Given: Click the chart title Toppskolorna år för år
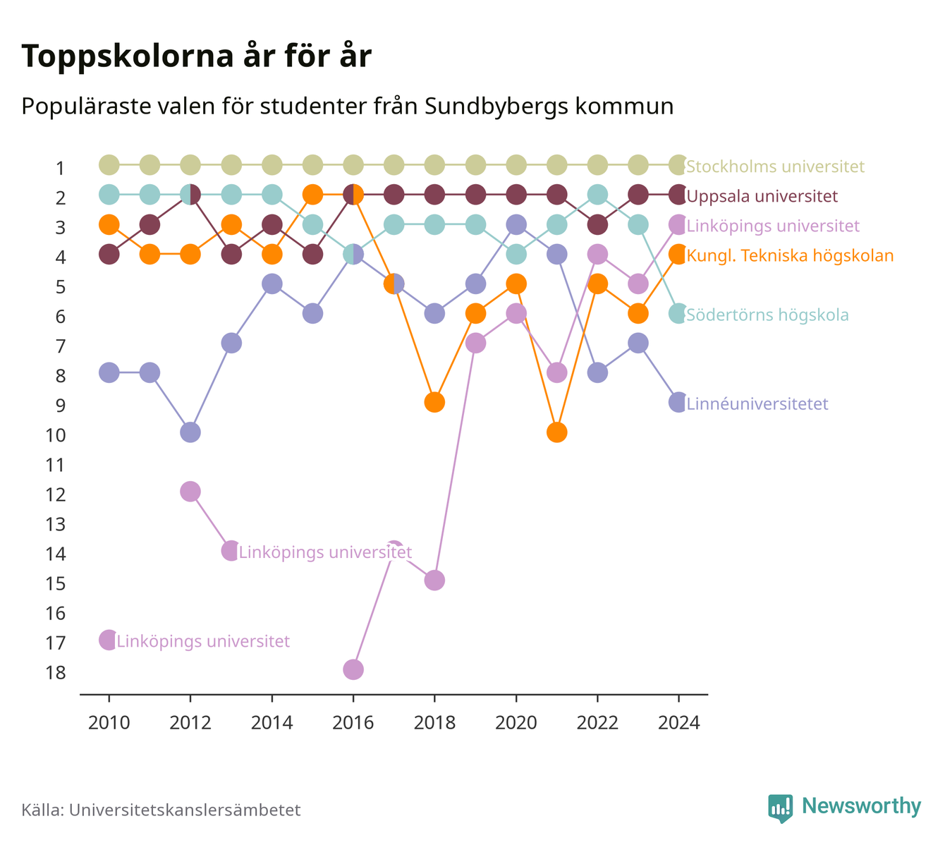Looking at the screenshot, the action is pyautogui.click(x=196, y=56).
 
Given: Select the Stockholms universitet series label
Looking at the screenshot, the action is pyautogui.click(x=775, y=166).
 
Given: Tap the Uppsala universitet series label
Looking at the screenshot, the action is pyautogui.click(x=762, y=196).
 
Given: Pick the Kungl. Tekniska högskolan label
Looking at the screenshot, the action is pyautogui.click(x=790, y=255).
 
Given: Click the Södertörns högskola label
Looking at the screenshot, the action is pyautogui.click(x=767, y=315).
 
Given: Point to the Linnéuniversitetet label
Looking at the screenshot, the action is pyautogui.click(x=757, y=403).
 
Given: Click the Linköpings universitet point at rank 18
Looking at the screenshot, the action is pyautogui.click(x=353, y=669).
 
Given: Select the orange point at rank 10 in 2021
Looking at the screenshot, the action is pyautogui.click(x=556, y=432).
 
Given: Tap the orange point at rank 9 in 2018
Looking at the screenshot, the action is pyautogui.click(x=434, y=402).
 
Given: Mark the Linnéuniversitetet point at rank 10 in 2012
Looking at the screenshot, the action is pyautogui.click(x=190, y=432).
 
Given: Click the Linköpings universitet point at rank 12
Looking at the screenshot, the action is pyautogui.click(x=190, y=492).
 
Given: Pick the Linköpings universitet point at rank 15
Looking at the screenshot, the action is pyautogui.click(x=434, y=580).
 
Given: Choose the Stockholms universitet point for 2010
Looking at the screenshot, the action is pyautogui.click(x=109, y=165).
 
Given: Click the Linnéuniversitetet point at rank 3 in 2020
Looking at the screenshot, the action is pyautogui.click(x=516, y=224).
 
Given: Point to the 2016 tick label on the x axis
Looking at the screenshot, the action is pyautogui.click(x=353, y=723).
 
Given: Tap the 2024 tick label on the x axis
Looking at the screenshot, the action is pyautogui.click(x=678, y=723).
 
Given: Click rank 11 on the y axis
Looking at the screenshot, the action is pyautogui.click(x=56, y=466).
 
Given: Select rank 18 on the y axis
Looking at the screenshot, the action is pyautogui.click(x=56, y=673).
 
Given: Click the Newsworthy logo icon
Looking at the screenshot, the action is pyautogui.click(x=781, y=808).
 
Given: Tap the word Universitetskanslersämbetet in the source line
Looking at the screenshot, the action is pyautogui.click(x=185, y=810).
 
